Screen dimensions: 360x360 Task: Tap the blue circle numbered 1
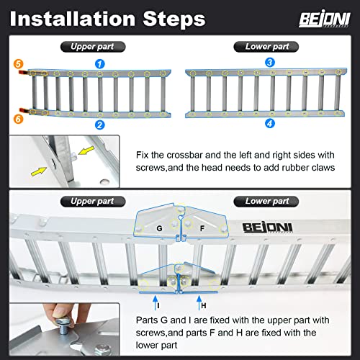click(x=100, y=64)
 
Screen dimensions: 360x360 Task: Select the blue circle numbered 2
click(x=100, y=125)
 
